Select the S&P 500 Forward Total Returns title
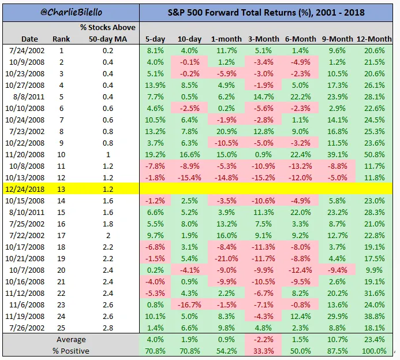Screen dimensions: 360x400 pyautogui.click(x=269, y=12)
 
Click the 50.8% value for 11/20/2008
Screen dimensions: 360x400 pyautogui.click(x=381, y=153)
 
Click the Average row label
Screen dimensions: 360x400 pyautogui.click(x=71, y=340)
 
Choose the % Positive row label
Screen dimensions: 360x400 pyautogui.click(x=71, y=351)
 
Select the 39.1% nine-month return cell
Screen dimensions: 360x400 pyautogui.click(x=342, y=153)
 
